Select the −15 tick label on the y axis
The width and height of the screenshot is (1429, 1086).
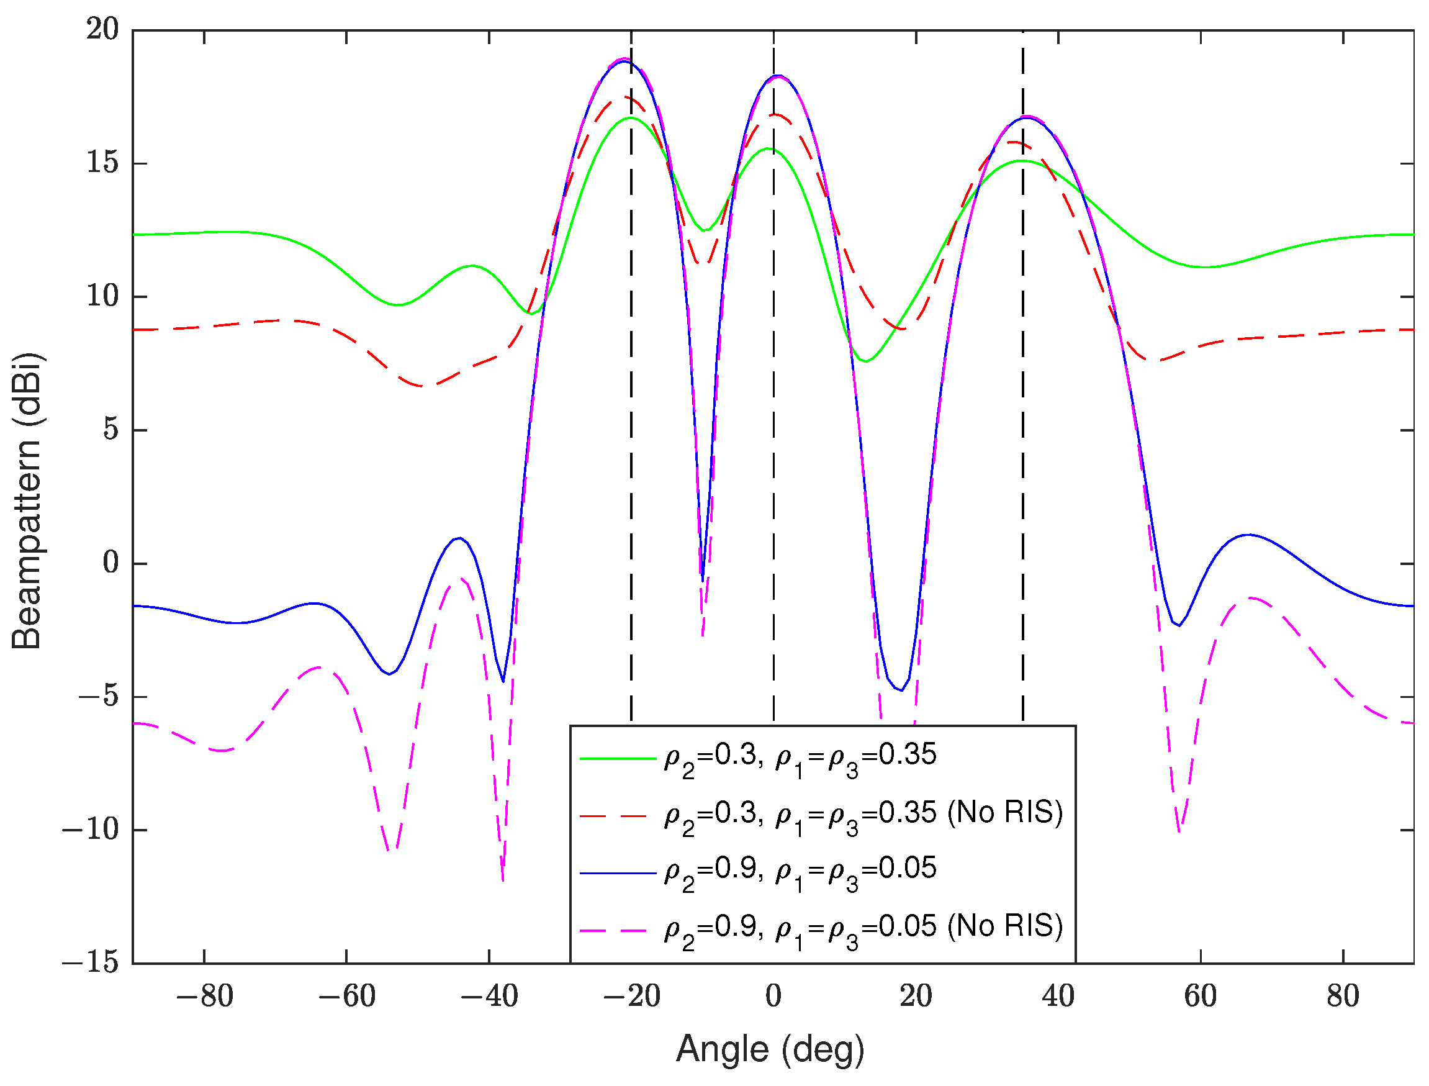click(91, 963)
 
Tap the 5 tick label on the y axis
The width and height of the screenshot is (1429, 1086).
click(111, 430)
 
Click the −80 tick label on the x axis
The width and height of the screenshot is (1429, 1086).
click(204, 996)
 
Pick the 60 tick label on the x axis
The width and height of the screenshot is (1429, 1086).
click(1200, 996)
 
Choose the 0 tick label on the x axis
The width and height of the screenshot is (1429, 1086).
click(773, 996)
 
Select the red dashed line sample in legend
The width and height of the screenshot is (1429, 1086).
click(617, 816)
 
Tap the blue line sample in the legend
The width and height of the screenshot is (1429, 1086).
click(617, 872)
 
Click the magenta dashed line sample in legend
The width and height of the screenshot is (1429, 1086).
click(617, 930)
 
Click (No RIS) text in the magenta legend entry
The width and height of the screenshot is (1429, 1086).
click(1005, 926)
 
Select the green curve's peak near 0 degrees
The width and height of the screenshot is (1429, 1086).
click(769, 148)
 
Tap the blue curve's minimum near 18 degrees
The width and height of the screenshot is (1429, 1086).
click(901, 690)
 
